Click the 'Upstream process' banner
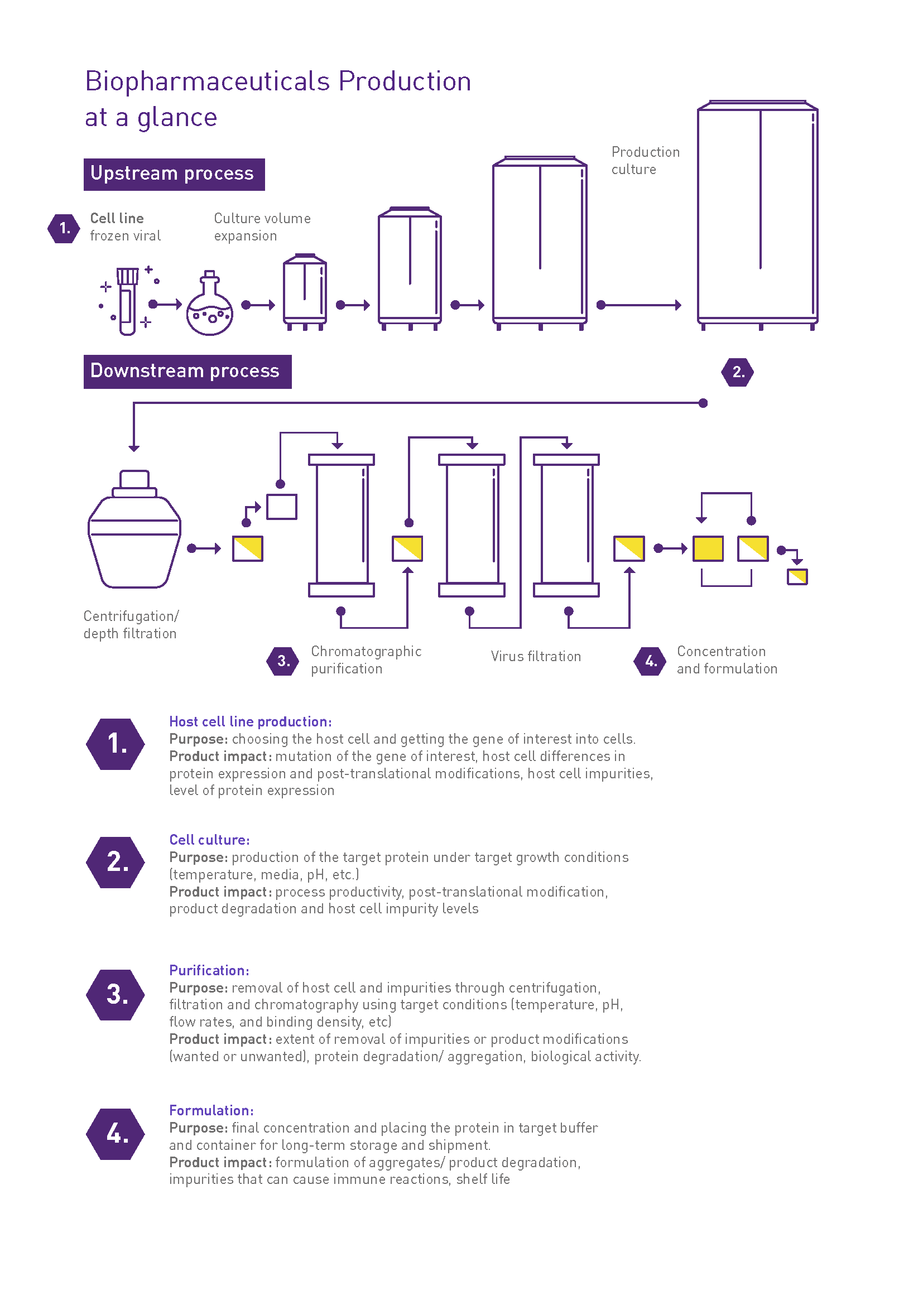click(174, 175)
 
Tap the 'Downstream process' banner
click(187, 372)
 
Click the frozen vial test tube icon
click(127, 301)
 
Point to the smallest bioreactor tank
click(305, 293)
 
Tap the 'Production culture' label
click(645, 161)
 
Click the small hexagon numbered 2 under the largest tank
click(737, 372)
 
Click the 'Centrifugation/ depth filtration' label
click(131, 625)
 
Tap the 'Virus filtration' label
click(535, 657)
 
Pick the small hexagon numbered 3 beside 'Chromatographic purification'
click(283, 661)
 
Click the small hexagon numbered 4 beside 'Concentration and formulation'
click(650, 661)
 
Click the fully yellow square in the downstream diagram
click(708, 549)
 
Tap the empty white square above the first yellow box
click(282, 507)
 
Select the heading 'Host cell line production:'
click(250, 721)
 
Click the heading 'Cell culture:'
click(209, 840)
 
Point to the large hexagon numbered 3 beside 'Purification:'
click(116, 995)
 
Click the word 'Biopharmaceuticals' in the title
click(208, 81)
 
